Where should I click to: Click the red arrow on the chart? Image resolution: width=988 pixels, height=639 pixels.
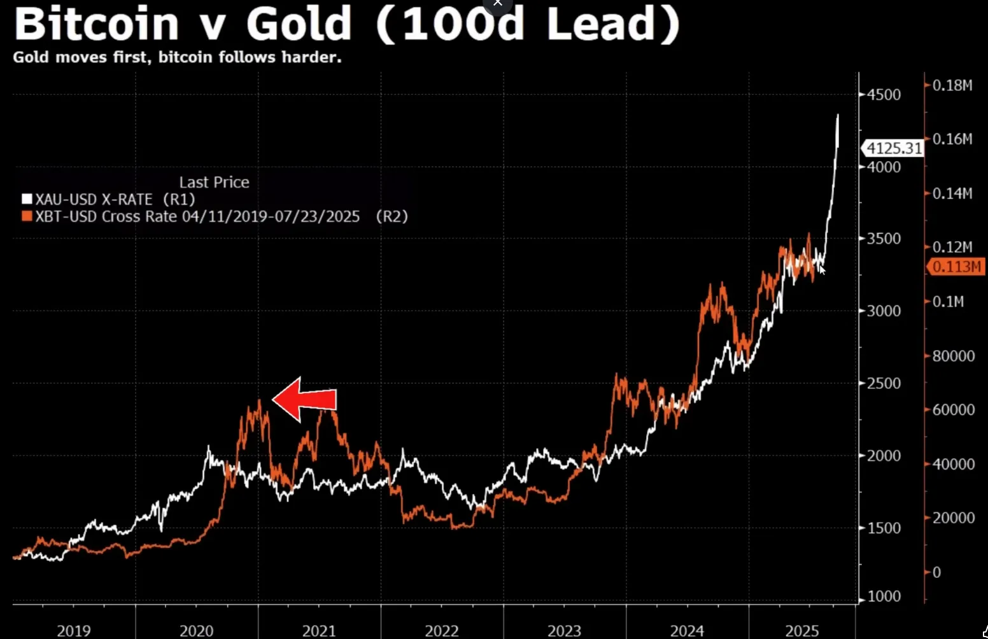click(306, 400)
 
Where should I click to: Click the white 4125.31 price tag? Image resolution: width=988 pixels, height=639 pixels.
click(894, 148)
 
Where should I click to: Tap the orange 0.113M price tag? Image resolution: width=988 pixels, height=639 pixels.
click(957, 267)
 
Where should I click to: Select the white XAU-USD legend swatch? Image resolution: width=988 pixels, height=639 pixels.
click(27, 199)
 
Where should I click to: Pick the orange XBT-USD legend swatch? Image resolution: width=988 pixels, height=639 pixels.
click(27, 216)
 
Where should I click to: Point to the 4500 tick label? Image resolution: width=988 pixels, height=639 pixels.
click(884, 95)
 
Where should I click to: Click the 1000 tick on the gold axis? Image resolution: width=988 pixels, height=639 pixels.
click(884, 596)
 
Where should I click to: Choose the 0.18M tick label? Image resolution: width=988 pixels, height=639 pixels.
click(952, 85)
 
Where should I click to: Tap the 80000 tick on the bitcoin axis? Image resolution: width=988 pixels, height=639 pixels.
click(953, 356)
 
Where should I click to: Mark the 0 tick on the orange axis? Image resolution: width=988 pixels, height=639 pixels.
click(936, 572)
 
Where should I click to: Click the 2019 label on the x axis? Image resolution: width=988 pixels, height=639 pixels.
click(74, 631)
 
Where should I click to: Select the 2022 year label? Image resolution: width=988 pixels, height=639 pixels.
click(442, 631)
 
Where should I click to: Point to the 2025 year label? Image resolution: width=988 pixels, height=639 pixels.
click(802, 631)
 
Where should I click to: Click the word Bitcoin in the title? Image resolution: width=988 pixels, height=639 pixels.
click(97, 24)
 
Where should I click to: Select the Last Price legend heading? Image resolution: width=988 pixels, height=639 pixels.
click(214, 183)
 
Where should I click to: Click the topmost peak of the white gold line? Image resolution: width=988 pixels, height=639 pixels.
click(838, 115)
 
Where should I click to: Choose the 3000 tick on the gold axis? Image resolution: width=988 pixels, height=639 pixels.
click(884, 311)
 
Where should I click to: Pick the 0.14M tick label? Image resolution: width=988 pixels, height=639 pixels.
click(952, 193)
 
